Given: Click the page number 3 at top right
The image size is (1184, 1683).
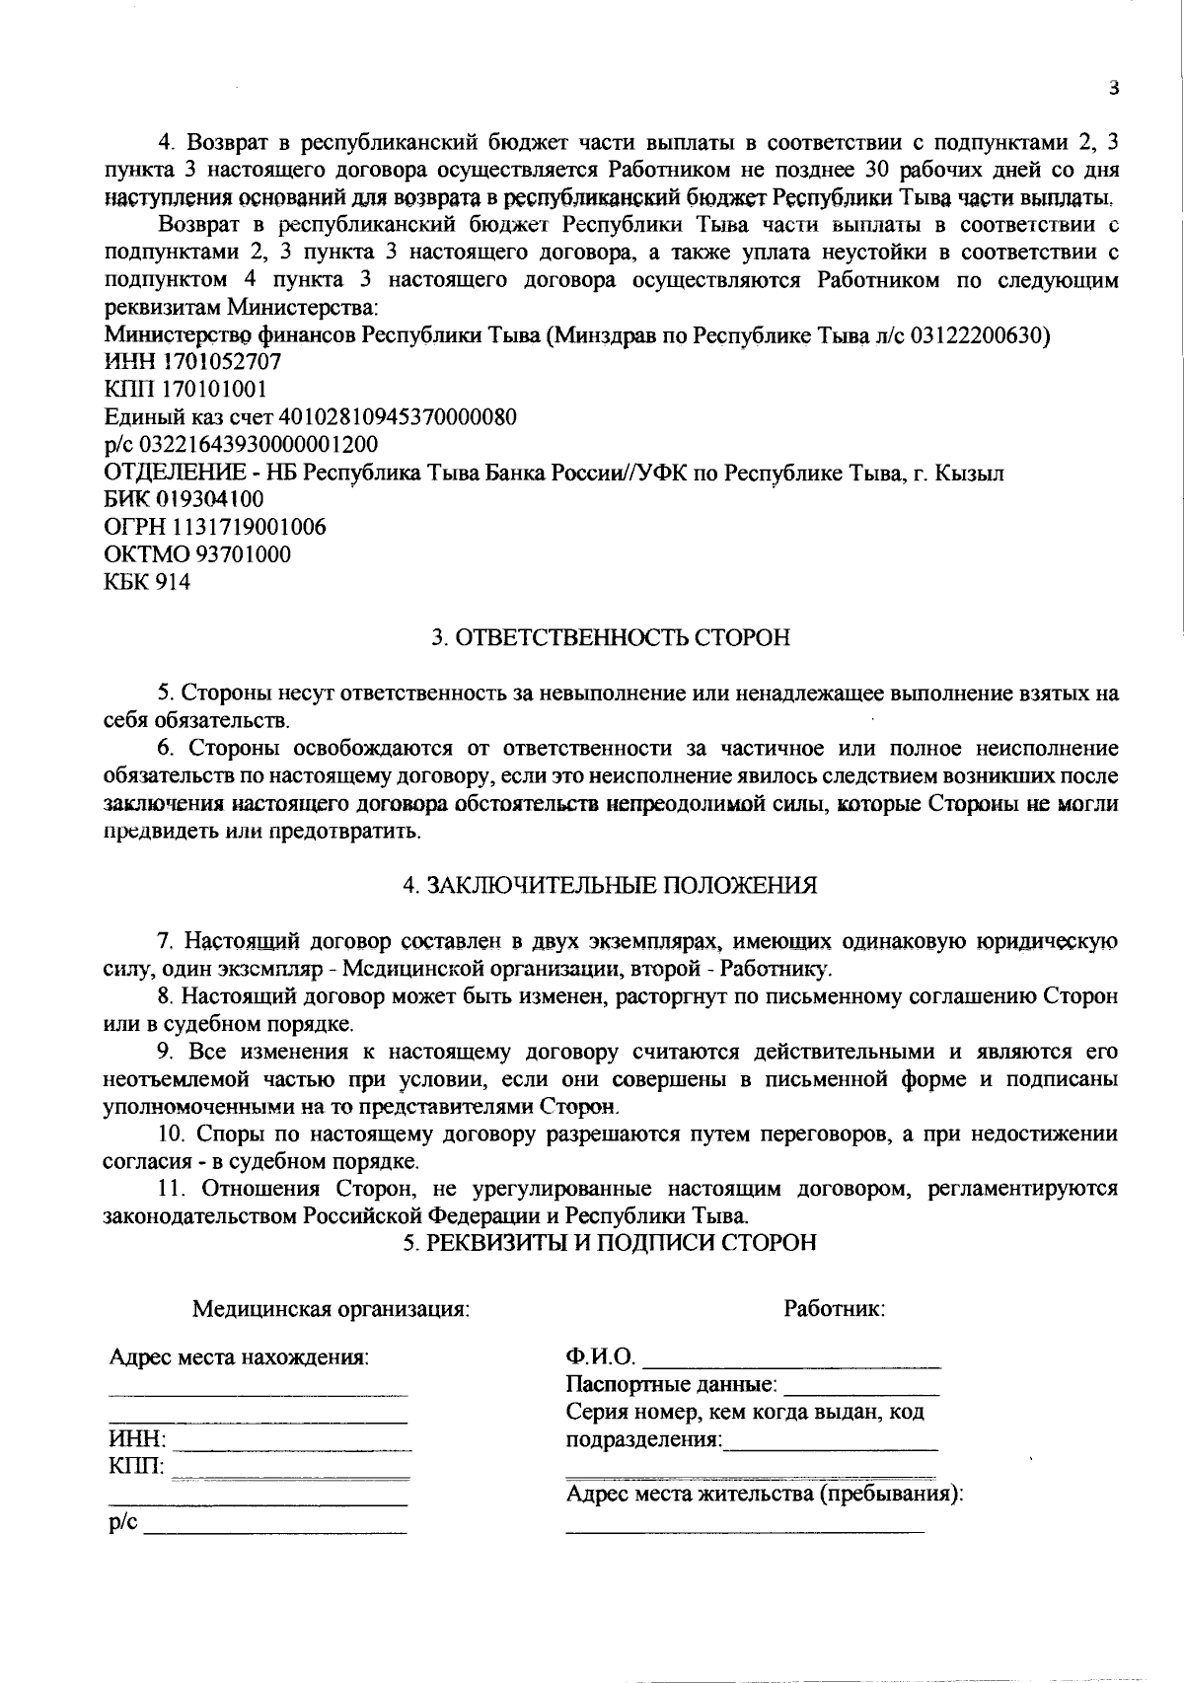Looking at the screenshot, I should pos(1113,88).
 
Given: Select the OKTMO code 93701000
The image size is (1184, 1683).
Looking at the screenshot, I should pos(243,554).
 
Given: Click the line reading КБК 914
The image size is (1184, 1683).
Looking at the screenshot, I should pos(147,582).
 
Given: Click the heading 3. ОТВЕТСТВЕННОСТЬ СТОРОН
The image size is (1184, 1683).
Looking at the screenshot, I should pos(611,638).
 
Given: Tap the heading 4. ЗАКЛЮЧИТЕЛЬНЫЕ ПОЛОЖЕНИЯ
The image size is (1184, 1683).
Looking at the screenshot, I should pos(611,885).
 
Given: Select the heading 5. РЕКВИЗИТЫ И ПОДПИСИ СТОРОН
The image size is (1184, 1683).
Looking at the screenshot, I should pos(611,1243).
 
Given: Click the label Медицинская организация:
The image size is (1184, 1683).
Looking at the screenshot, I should pos(331,1310).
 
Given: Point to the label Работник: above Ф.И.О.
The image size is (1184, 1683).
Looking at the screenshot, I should pos(834,1310).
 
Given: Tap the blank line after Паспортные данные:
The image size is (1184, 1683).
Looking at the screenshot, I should pos(860,1390).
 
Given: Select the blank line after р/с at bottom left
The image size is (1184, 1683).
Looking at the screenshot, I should pos(275,1529).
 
